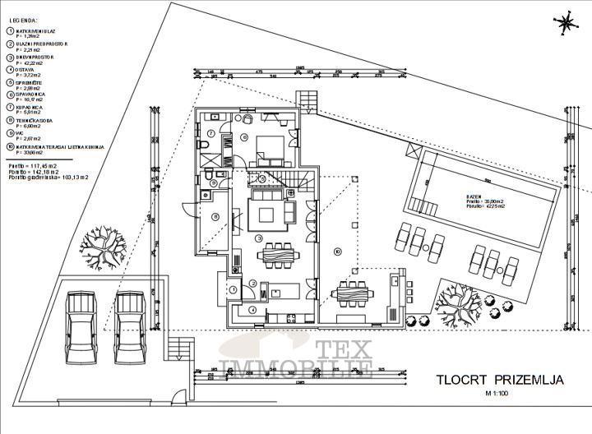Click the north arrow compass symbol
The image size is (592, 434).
pos(564,23)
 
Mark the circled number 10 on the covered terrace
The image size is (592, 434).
pos(337,251)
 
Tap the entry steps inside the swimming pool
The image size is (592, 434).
pos(423,205)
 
